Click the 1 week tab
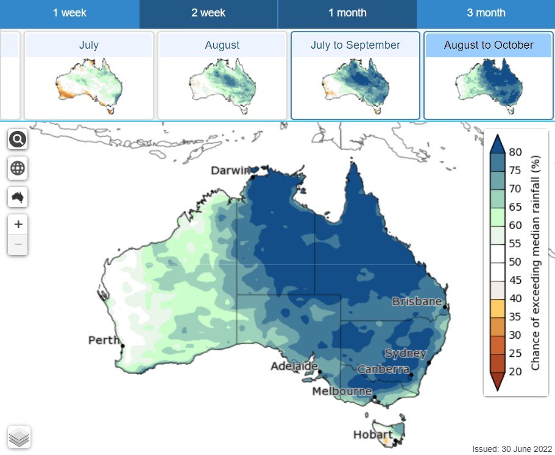pos(69,13)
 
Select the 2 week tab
pos(208,13)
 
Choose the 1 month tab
pos(347,13)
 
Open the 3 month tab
pos(486,13)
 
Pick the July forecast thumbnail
pos(89,76)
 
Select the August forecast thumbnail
pos(222,76)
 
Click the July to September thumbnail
pos(355,76)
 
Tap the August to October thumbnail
pos(489,76)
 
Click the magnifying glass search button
pos(18,140)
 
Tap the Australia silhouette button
pos(18,197)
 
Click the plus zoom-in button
pos(18,224)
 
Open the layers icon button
pos(19,437)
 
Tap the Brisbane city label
pos(417,302)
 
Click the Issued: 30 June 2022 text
pos(512,449)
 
